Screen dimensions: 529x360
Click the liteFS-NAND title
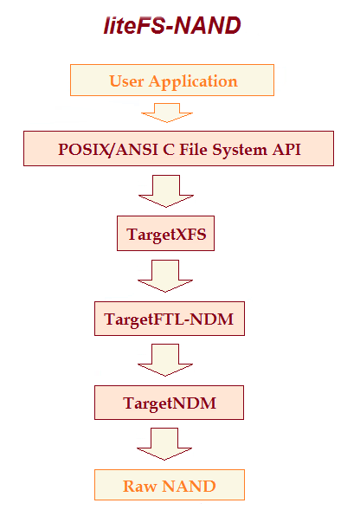[x=171, y=27]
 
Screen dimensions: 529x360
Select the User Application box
[x=173, y=81]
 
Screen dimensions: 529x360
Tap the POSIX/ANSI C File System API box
[x=179, y=148]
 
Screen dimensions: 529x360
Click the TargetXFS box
[x=165, y=234]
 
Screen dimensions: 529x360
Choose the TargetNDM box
[x=170, y=403]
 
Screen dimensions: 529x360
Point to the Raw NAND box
[x=170, y=486]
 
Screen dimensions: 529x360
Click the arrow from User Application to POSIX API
[x=167, y=113]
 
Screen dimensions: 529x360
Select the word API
[x=287, y=148]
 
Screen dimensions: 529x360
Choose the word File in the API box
[x=196, y=148]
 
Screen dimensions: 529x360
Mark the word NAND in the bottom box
[x=188, y=486]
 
